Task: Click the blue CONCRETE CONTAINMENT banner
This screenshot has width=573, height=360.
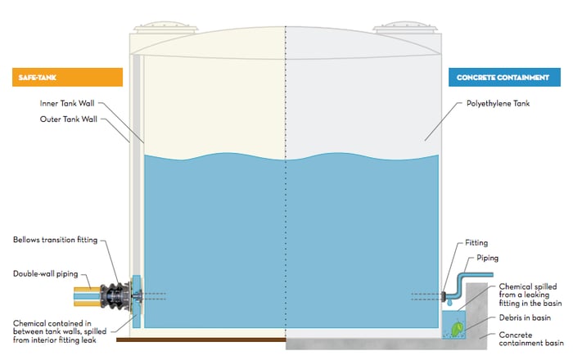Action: click(504, 78)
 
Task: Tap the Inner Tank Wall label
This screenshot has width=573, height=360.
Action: click(69, 104)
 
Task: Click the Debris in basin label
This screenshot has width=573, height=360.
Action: click(520, 315)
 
